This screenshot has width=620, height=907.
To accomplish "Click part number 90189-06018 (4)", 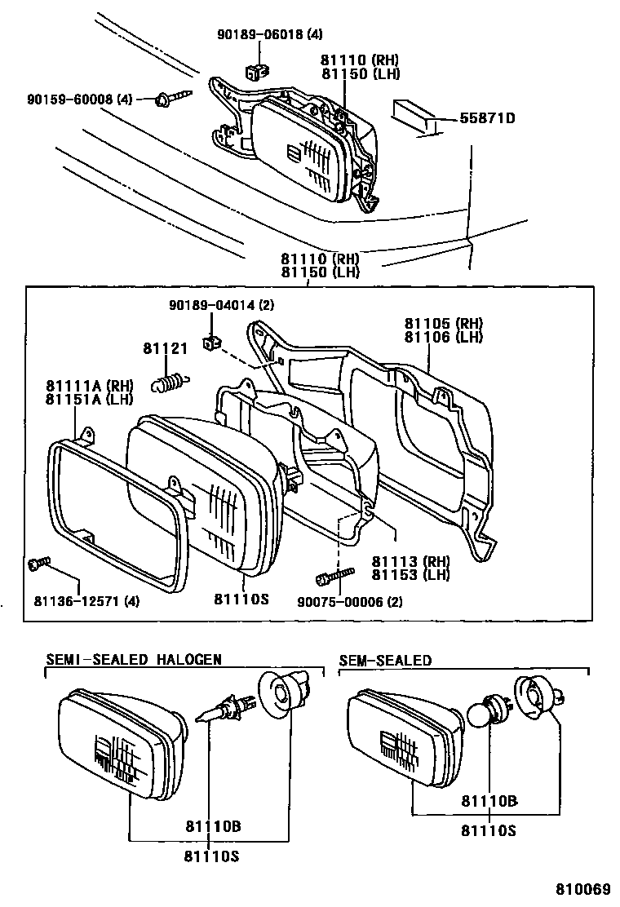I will pyautogui.click(x=269, y=34).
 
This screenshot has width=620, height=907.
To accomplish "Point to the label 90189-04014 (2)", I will pyautogui.click(x=210, y=306).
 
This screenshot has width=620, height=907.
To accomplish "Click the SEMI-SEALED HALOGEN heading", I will pyautogui.click(x=134, y=659).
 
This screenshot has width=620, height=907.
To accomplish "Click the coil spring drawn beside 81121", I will pyautogui.click(x=170, y=379).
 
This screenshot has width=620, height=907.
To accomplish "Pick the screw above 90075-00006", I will pyautogui.click(x=334, y=577).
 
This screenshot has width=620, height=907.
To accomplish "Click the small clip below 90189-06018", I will pyautogui.click(x=257, y=70).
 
